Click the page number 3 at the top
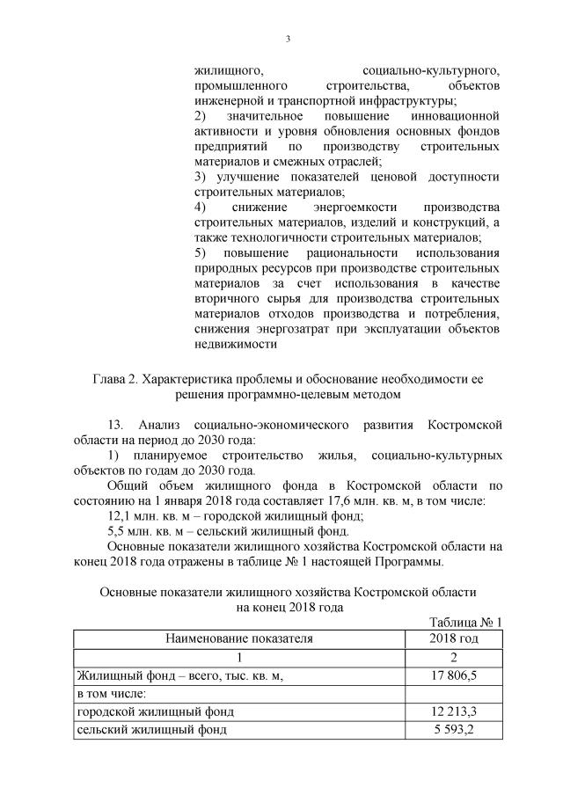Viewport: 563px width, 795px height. (288, 38)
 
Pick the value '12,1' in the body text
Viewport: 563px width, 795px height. (121, 516)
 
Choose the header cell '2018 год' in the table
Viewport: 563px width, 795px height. (454, 638)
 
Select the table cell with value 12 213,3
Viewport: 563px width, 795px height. (454, 711)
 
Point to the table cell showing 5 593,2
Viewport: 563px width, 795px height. (454, 729)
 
